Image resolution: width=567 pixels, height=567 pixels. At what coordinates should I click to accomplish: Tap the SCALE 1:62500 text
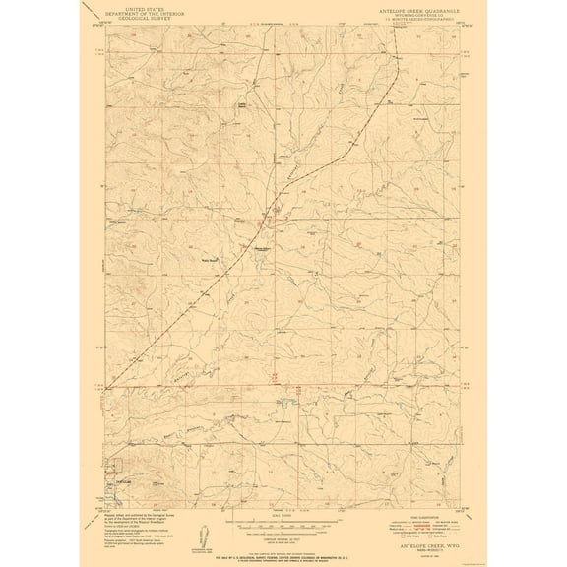(284, 520)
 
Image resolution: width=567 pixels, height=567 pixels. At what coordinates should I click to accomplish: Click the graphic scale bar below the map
(284, 528)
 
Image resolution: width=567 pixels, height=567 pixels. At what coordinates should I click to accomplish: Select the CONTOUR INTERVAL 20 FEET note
(284, 542)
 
